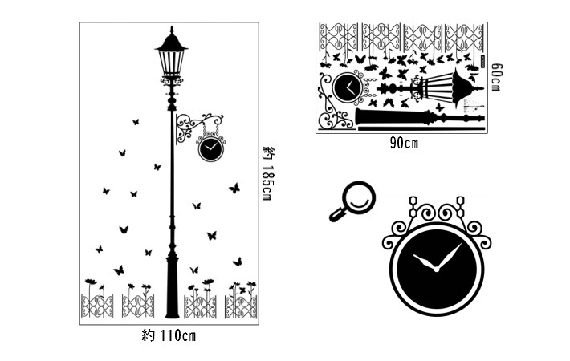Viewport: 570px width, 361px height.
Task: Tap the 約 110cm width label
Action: pos(169,335)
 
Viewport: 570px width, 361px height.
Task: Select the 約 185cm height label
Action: pos(268,174)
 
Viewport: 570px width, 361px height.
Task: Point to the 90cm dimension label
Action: pos(404,143)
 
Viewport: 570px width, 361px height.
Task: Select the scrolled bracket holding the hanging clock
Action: pos(198,127)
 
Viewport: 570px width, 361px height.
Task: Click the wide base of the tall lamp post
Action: pos(173,287)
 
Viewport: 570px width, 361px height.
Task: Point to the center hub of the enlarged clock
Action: pos(436,270)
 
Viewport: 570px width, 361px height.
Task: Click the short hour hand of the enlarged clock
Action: pos(425,262)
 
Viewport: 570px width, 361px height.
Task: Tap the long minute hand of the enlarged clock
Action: pos(450,256)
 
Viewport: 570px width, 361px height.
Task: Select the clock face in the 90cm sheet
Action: pos(348,88)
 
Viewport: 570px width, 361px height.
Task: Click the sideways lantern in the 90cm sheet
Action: pos(450,87)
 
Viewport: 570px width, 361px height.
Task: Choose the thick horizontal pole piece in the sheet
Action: pos(420,117)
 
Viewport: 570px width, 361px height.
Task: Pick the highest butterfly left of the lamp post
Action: pos(136,122)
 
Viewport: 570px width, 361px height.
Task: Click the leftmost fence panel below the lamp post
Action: pos(97,306)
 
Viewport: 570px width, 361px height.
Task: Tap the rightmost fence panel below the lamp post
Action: pos(241,307)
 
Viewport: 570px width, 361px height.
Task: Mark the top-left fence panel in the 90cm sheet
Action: pos(338,37)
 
